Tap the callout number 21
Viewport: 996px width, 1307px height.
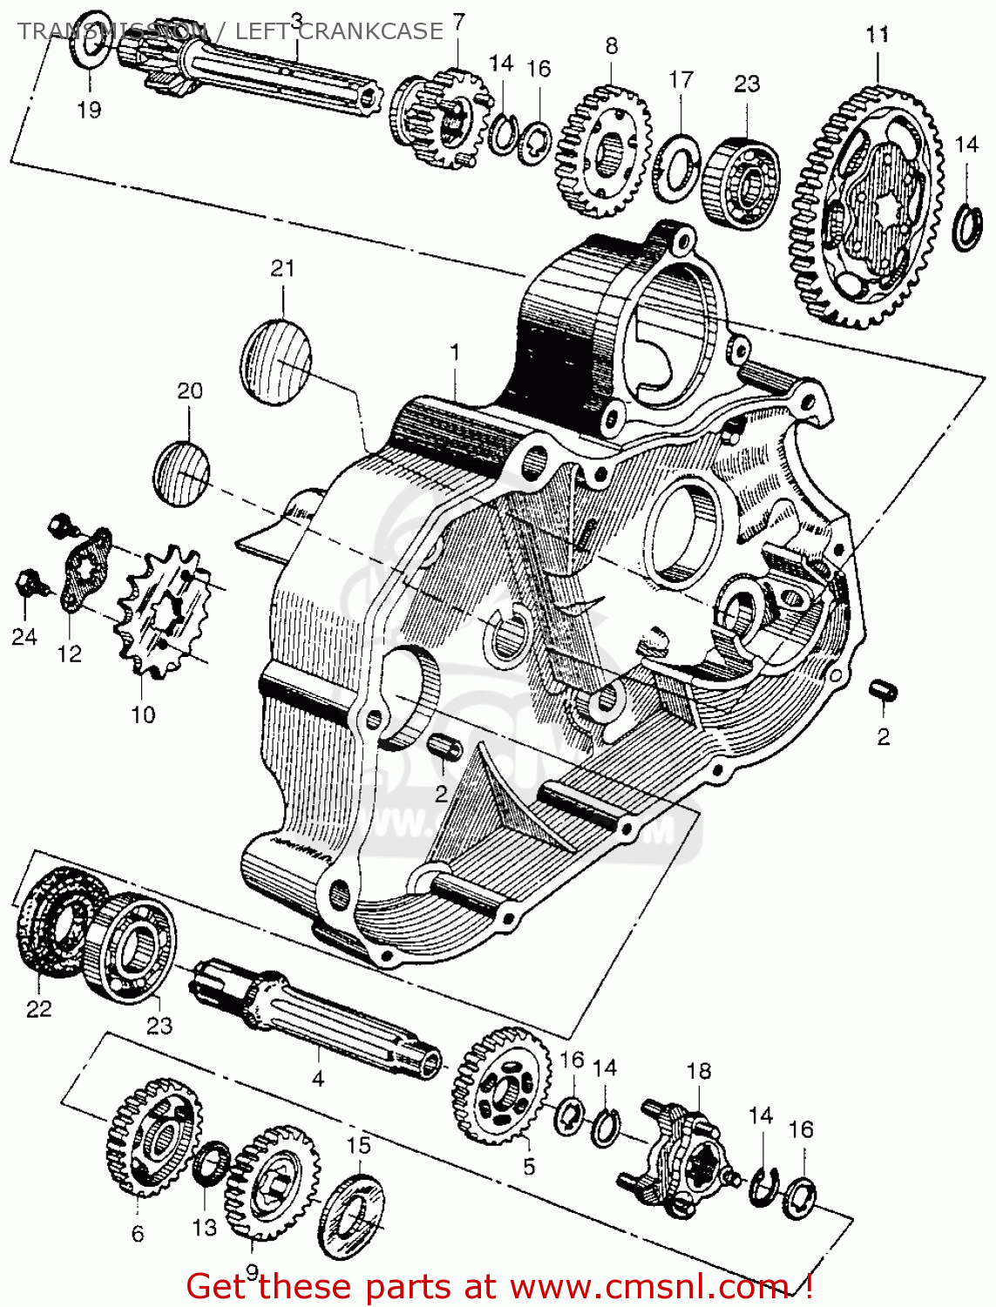[282, 268]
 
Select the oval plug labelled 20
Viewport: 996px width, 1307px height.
[181, 475]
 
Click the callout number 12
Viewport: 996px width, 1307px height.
[69, 653]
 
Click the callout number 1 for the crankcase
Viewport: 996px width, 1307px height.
[454, 353]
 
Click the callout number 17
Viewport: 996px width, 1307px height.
[681, 79]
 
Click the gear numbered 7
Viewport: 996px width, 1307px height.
[440, 118]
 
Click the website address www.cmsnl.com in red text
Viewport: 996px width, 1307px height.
[649, 1286]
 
